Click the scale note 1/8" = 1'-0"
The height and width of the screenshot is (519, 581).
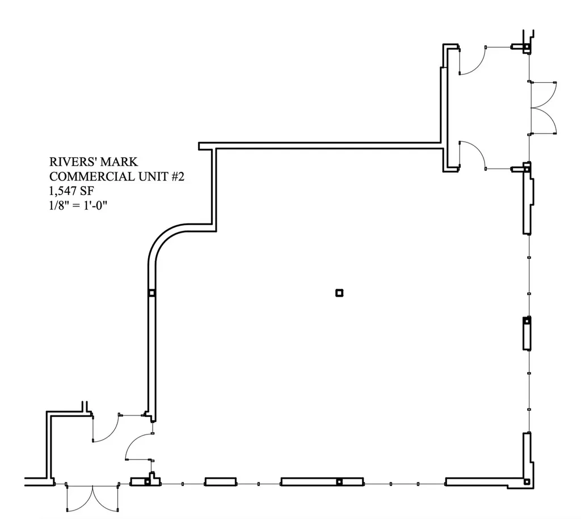point(78,205)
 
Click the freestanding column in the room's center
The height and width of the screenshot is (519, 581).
point(339,293)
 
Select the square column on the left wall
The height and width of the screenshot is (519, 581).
point(151,293)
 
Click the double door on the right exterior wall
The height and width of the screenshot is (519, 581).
point(543,108)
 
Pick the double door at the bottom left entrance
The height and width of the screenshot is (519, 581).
point(92,497)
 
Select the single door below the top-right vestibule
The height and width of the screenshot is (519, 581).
point(472,155)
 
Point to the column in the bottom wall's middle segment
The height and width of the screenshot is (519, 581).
point(339,482)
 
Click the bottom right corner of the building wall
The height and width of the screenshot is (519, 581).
point(529,482)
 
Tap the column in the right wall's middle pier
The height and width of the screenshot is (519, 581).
point(527,322)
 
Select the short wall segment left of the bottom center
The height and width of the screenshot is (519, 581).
point(220,482)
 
